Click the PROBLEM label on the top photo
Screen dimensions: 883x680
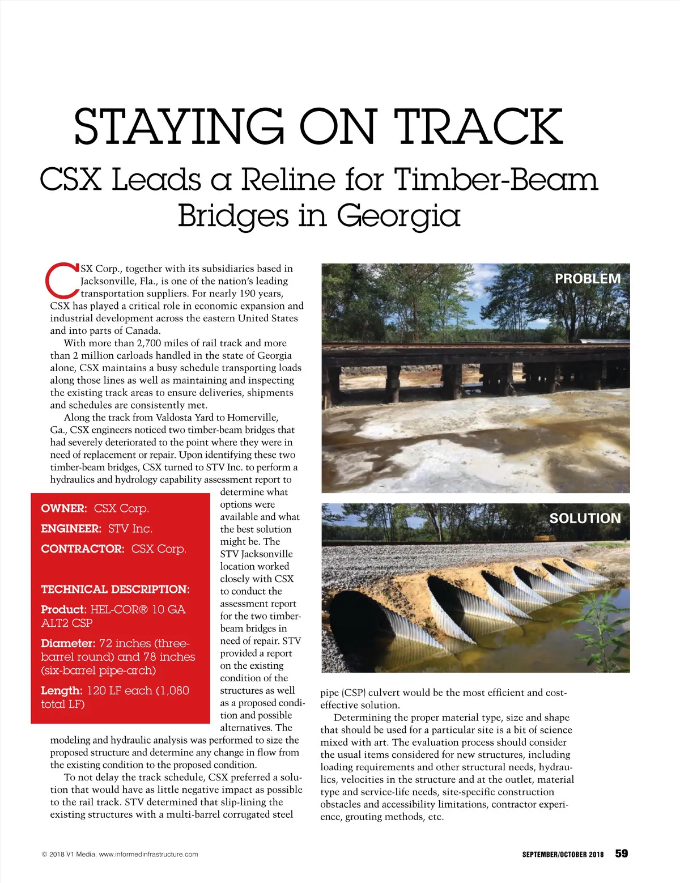click(x=588, y=279)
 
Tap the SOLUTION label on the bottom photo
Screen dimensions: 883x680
click(x=585, y=518)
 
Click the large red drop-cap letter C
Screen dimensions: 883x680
click(x=62, y=280)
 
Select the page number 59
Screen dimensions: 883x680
click(x=622, y=854)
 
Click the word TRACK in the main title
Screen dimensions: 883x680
click(x=478, y=126)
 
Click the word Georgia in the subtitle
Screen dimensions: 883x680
click(x=398, y=215)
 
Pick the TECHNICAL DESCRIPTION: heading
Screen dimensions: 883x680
click(x=116, y=589)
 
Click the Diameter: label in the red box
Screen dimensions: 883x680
click(x=68, y=643)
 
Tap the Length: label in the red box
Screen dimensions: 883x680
click(x=61, y=691)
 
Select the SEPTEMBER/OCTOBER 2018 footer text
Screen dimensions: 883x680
click(x=563, y=854)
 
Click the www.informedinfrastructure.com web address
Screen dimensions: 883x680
click(x=148, y=854)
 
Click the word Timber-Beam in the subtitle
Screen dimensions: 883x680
click(x=496, y=180)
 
